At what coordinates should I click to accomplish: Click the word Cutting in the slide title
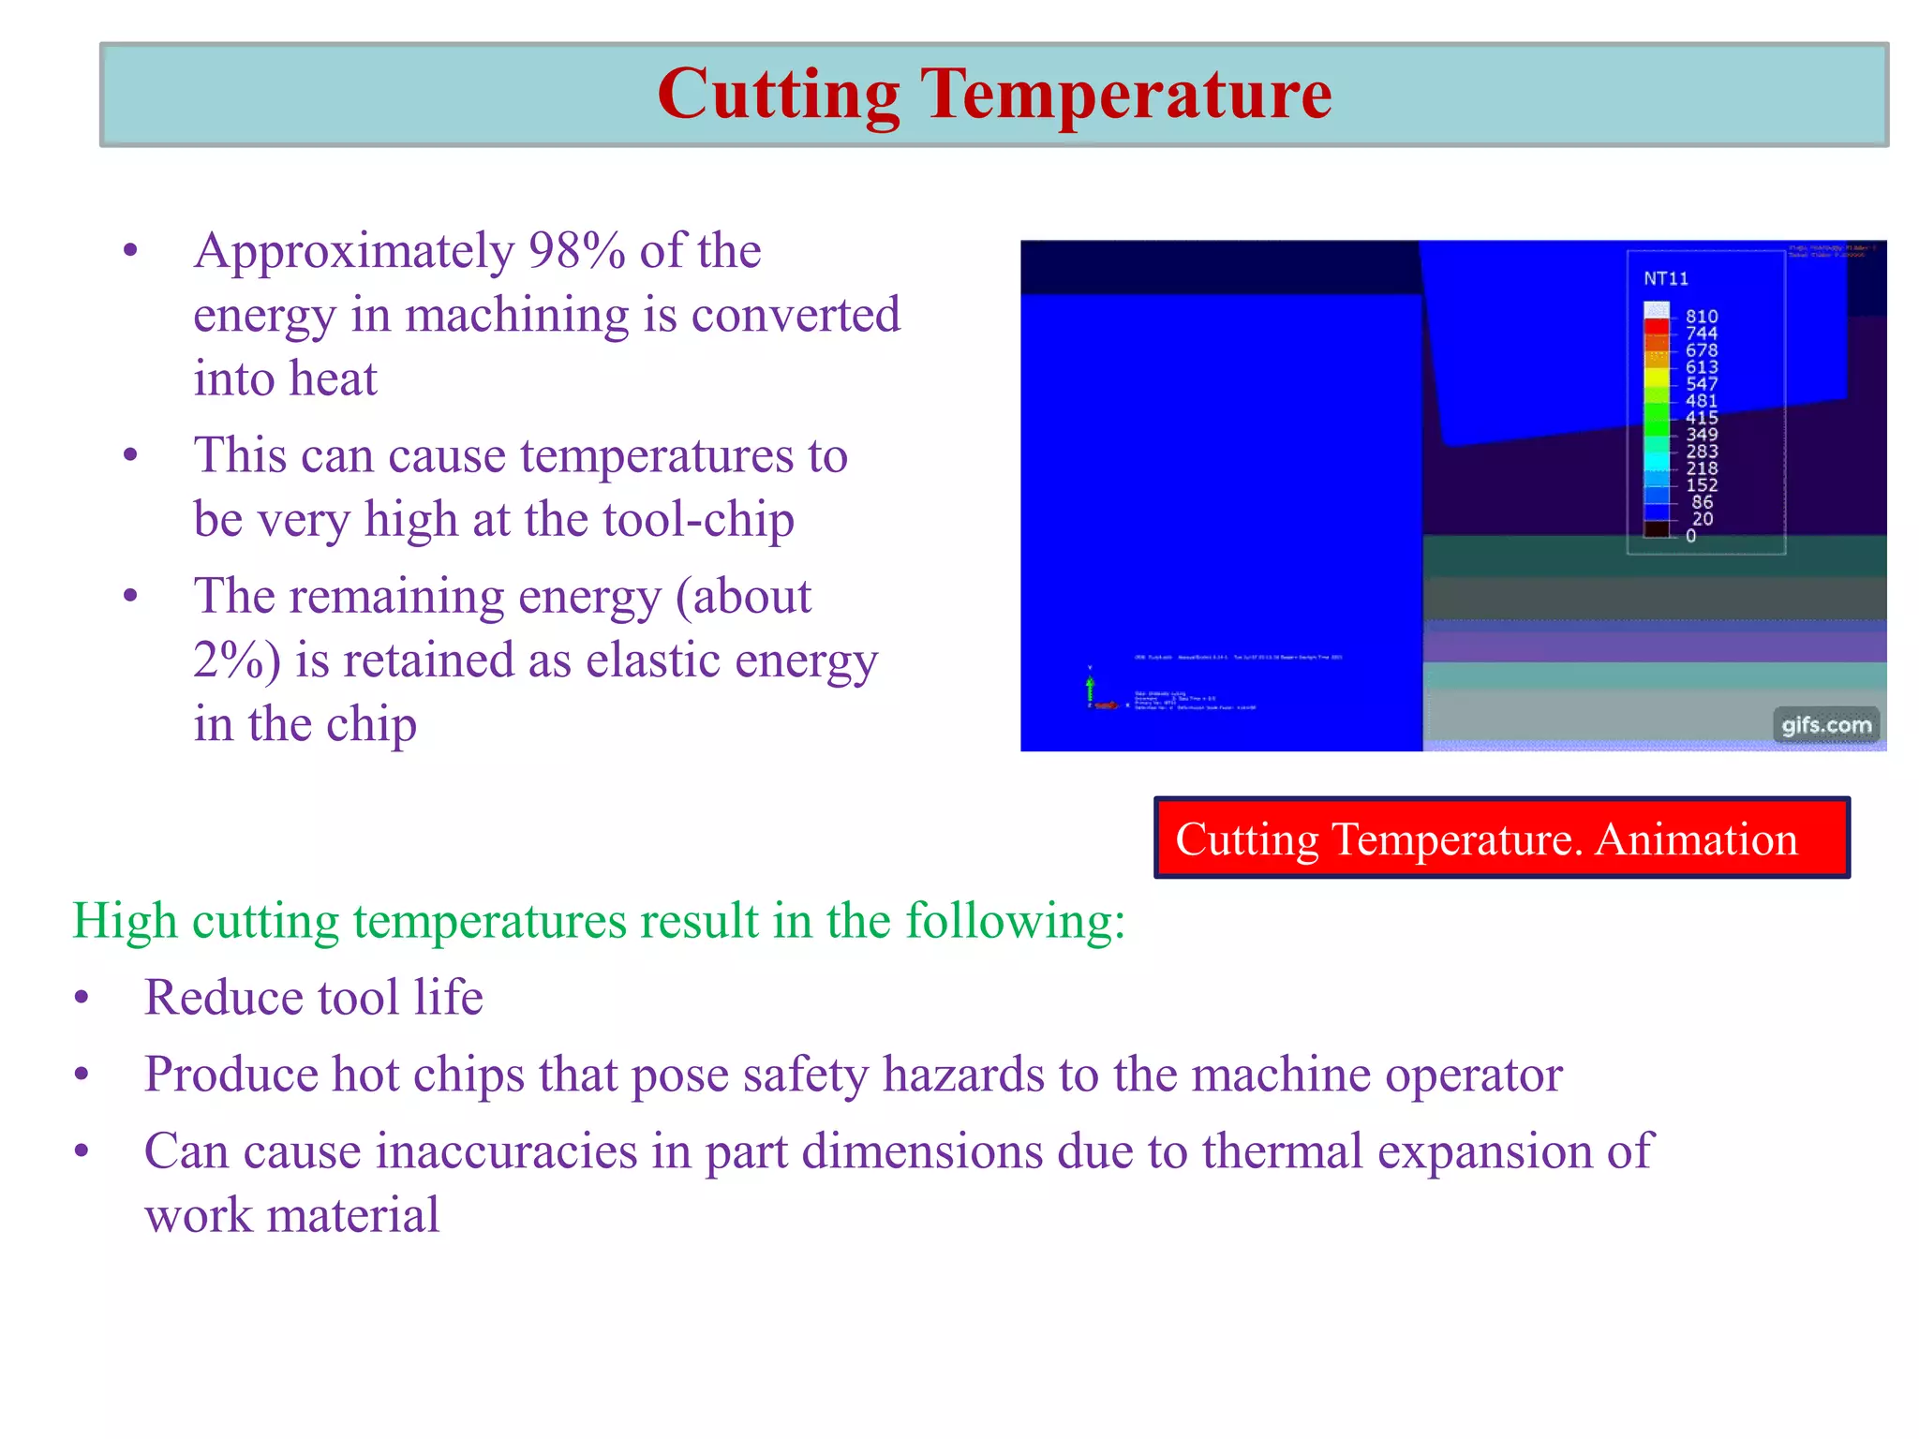(x=778, y=95)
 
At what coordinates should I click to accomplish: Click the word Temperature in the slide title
(x=1126, y=95)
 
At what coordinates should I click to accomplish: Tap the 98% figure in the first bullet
(x=576, y=251)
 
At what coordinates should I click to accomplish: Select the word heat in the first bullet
(x=332, y=378)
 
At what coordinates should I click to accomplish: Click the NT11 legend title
(x=1666, y=279)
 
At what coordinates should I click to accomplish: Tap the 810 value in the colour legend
(x=1702, y=317)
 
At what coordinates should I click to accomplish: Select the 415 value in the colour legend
(x=1702, y=418)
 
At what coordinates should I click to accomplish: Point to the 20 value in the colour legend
(x=1703, y=519)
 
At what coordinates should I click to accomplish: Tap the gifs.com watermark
(x=1826, y=725)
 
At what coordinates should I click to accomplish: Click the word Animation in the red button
(x=1696, y=839)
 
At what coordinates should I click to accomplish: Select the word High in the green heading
(x=125, y=921)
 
